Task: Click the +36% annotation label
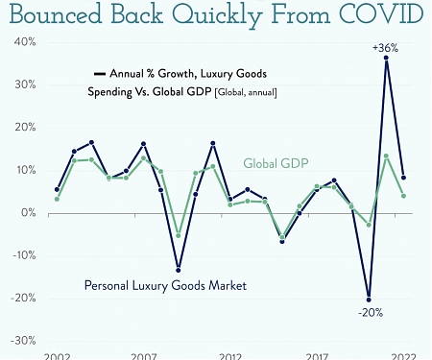point(386,46)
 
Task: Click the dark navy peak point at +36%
point(386,59)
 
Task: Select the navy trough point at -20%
point(369,299)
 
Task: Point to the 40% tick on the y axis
point(24,42)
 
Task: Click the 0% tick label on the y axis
point(27,212)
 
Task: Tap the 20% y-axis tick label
point(24,127)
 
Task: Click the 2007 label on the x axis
point(144,355)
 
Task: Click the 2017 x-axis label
point(317,355)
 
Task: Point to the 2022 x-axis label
point(403,355)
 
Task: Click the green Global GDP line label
point(276,163)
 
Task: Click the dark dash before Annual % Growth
point(99,73)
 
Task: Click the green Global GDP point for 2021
point(386,156)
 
